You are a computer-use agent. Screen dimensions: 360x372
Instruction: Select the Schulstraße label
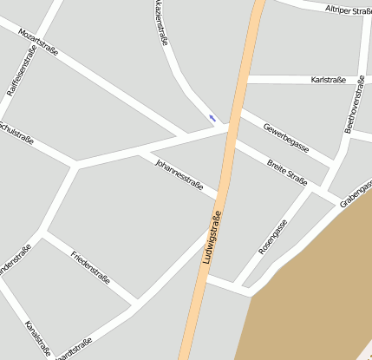(x=16, y=133)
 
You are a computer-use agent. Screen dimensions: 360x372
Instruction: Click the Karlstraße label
(x=328, y=80)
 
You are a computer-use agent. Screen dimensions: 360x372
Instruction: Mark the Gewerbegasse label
(x=286, y=137)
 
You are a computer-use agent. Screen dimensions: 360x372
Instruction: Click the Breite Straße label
(x=287, y=171)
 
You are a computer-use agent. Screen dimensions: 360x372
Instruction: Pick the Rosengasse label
(x=273, y=237)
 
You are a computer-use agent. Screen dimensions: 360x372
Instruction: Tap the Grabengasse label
(x=356, y=193)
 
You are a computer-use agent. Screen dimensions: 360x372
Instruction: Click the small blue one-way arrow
(x=212, y=118)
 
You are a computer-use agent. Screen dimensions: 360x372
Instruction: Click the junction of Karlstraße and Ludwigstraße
(x=242, y=80)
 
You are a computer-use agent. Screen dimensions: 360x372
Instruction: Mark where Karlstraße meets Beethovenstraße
(x=343, y=80)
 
